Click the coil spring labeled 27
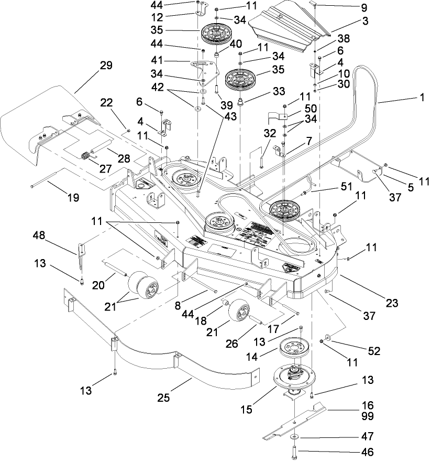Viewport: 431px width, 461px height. [84, 156]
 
